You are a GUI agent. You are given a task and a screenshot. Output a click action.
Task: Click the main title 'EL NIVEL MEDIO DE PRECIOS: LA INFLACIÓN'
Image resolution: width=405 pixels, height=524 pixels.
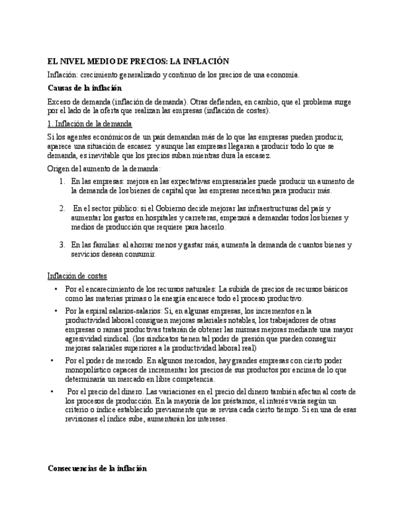click(139, 61)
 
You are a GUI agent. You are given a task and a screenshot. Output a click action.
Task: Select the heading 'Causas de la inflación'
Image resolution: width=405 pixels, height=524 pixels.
click(85, 88)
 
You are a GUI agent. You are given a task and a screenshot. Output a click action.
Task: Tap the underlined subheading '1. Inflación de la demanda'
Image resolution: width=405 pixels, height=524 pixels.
click(90, 124)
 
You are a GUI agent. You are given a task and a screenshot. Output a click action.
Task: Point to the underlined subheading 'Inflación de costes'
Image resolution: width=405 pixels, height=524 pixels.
click(77, 276)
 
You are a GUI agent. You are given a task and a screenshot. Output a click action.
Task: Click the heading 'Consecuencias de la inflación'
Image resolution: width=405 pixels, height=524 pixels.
click(97, 468)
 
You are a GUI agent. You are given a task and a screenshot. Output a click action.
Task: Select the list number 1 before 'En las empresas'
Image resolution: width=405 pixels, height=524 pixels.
click(62, 182)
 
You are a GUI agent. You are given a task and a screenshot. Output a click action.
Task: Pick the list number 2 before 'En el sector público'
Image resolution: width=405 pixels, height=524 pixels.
click(62, 208)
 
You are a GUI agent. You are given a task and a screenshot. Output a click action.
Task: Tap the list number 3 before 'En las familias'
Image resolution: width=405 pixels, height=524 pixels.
click(62, 245)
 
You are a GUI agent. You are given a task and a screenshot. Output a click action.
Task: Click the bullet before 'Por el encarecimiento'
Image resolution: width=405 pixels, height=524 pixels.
click(56, 289)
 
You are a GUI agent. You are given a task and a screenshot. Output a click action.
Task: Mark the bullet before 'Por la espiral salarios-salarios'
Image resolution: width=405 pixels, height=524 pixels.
click(56, 311)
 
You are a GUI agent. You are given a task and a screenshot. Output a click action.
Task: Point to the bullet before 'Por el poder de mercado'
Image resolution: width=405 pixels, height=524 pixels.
click(52, 360)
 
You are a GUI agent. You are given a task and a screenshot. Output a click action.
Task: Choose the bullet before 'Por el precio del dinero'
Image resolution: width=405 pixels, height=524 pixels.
click(52, 391)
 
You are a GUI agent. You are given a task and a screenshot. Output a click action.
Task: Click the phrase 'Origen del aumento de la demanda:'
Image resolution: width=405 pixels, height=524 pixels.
click(104, 168)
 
